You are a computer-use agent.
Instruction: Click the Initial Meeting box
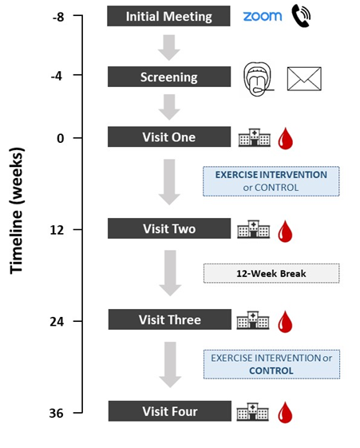click(x=168, y=16)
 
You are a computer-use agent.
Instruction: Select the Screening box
click(x=169, y=77)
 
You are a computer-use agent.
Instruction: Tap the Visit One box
click(x=169, y=137)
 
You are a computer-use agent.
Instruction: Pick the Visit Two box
click(x=169, y=228)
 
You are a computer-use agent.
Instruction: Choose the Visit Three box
click(x=169, y=319)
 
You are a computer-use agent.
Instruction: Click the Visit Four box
click(x=169, y=411)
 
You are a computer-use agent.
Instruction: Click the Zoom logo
click(x=263, y=16)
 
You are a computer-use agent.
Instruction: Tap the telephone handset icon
click(x=301, y=17)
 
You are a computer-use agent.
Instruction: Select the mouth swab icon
click(x=259, y=79)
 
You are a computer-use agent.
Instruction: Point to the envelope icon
click(x=304, y=79)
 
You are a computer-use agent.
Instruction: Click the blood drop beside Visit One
click(x=286, y=139)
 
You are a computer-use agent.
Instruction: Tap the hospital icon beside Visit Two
click(x=254, y=229)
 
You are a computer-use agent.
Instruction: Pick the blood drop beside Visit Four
click(x=285, y=412)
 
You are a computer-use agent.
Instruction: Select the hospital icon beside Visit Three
click(x=253, y=320)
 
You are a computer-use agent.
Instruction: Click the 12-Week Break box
click(x=271, y=273)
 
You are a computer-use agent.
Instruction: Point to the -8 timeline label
click(x=58, y=17)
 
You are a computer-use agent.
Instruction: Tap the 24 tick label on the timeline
click(x=57, y=322)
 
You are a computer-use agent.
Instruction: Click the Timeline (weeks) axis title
click(x=17, y=211)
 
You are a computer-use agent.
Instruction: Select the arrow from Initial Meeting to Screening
click(x=169, y=48)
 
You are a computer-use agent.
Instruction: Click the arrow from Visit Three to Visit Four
click(x=170, y=365)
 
